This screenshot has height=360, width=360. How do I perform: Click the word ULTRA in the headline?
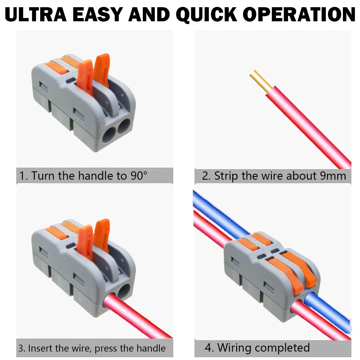[x=36, y=14]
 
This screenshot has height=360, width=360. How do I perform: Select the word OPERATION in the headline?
[x=299, y=14]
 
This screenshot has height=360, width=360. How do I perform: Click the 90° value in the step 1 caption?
[x=139, y=176]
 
